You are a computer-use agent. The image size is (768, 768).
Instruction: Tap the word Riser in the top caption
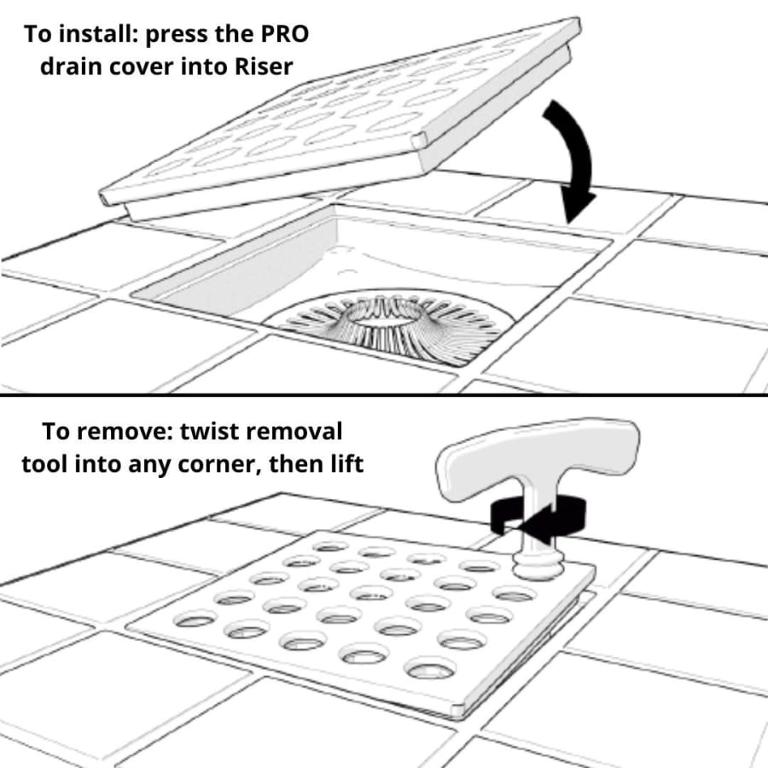pos(264,67)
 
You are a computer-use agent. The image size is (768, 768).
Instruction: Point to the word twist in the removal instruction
pos(210,432)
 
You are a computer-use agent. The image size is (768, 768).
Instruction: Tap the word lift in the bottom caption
pos(347,463)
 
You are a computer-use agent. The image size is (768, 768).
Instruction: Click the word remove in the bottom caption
pos(120,432)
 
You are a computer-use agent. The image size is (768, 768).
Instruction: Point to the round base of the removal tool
pos(538,565)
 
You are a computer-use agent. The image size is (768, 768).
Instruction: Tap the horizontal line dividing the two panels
pos(384,394)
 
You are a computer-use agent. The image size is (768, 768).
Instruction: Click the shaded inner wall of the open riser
pos(236,274)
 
